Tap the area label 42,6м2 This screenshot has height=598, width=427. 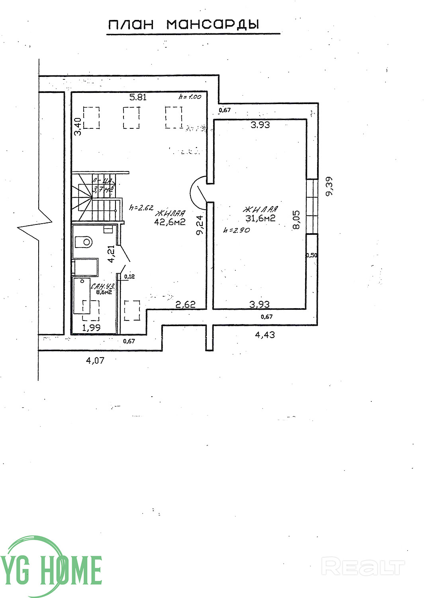pyautogui.click(x=170, y=222)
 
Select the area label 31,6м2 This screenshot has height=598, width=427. pyautogui.click(x=261, y=218)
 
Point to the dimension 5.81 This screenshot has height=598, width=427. pyautogui.click(x=138, y=97)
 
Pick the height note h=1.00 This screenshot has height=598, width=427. pyautogui.click(x=190, y=96)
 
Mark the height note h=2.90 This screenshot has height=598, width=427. pyautogui.click(x=237, y=230)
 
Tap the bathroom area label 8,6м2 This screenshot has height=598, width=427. pyautogui.click(x=103, y=292)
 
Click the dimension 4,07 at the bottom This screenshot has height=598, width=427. pyautogui.click(x=95, y=360)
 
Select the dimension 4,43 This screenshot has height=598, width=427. pyautogui.click(x=265, y=335)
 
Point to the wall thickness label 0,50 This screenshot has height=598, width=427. pyautogui.click(x=312, y=256)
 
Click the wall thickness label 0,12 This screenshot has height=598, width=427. pyautogui.click(x=129, y=276)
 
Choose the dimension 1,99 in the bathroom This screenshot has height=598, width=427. pyautogui.click(x=91, y=327)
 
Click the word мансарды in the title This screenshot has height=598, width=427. pyautogui.click(x=212, y=25)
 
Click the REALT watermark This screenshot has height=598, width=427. pyautogui.click(x=363, y=567)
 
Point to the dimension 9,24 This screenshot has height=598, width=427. pyautogui.click(x=200, y=226)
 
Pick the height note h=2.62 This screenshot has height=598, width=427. pyautogui.click(x=141, y=207)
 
